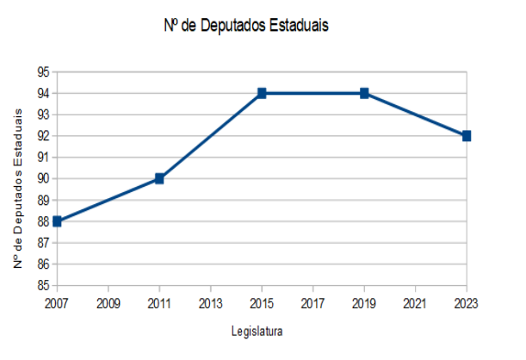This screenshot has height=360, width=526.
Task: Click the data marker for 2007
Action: [x=57, y=221]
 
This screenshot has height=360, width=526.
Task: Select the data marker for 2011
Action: [x=159, y=178]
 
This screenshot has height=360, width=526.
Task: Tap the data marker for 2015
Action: [x=262, y=93]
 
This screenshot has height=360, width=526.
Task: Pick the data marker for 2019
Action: [x=364, y=93]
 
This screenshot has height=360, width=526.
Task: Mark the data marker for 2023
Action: [x=467, y=136]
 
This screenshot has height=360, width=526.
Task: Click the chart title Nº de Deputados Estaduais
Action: [x=246, y=26]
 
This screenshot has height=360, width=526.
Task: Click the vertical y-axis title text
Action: [x=18, y=178]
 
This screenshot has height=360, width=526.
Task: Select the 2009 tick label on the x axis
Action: [x=108, y=303]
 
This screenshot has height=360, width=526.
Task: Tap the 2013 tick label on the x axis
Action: [x=210, y=303]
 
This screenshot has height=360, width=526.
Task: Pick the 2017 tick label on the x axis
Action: [x=313, y=303]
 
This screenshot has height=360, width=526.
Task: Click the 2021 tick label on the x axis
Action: [x=415, y=303]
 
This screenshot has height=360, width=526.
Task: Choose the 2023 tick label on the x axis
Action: [x=466, y=303]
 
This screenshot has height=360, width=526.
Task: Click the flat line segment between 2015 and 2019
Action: [x=313, y=93]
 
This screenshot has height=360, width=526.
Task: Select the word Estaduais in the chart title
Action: [x=298, y=26]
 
